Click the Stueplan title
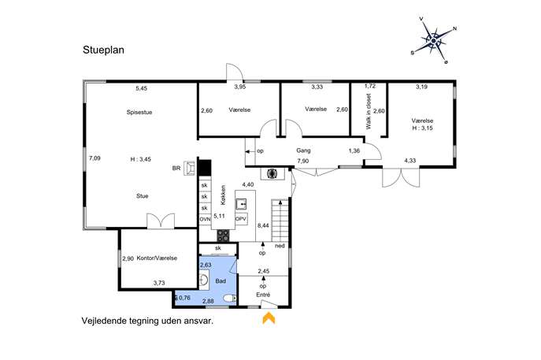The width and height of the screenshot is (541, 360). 103,50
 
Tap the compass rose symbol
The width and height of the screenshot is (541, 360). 433,41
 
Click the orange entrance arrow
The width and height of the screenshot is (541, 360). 269,318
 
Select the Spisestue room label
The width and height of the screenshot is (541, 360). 139,112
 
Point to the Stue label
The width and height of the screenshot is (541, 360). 143,196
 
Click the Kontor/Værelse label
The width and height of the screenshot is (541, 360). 157,258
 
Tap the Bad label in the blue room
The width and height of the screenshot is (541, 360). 220,281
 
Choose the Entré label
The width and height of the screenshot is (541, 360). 263,295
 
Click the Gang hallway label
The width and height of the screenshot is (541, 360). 303,150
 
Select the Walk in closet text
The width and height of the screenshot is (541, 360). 369,112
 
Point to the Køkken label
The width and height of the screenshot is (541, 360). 223,195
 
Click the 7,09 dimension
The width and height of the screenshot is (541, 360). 94,158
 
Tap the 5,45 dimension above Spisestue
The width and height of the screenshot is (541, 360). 142,88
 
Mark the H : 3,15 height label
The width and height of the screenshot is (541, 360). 422,128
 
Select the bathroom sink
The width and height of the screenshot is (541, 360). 204,279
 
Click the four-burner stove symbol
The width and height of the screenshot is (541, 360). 223,236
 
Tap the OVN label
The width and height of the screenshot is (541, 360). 205,219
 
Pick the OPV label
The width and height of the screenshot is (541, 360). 240,219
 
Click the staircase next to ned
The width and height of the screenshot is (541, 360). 280,221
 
